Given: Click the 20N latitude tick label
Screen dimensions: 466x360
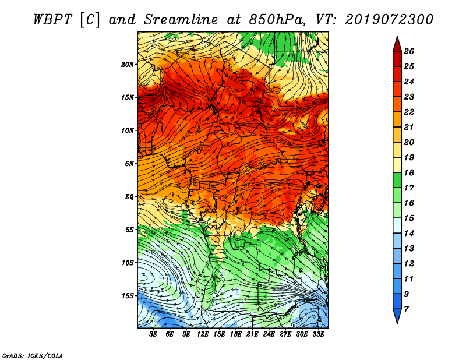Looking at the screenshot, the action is tap(127, 64).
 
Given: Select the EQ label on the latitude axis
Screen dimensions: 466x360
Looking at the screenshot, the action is tap(129, 196).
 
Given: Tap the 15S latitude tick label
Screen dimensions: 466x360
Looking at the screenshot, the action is tap(128, 296).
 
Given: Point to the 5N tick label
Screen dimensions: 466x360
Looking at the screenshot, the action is tap(129, 164).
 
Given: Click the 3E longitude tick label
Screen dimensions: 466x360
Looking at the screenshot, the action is tap(153, 334).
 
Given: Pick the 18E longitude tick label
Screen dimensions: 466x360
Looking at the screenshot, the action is tap(236, 334).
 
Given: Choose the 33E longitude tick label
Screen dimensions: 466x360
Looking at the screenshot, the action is tap(318, 334).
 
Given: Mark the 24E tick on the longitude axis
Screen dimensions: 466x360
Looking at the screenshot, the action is tap(269, 334).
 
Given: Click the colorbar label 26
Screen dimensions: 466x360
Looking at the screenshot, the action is tap(409, 51).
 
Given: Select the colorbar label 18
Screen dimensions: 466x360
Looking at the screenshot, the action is tap(409, 172).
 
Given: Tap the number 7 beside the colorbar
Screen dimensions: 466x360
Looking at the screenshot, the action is tap(406, 309).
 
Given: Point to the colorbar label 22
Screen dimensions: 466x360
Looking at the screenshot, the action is tap(409, 112).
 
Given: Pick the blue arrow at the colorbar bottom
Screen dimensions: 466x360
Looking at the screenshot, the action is tap(397, 316).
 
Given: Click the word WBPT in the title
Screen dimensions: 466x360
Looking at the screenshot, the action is tap(52, 20).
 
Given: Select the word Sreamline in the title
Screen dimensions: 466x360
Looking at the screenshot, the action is tap(181, 20).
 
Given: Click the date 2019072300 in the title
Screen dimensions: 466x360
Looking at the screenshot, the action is tap(389, 20).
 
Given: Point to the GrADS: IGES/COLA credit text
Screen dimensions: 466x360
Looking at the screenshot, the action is tap(33, 355).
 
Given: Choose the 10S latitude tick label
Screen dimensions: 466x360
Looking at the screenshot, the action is tap(128, 263).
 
